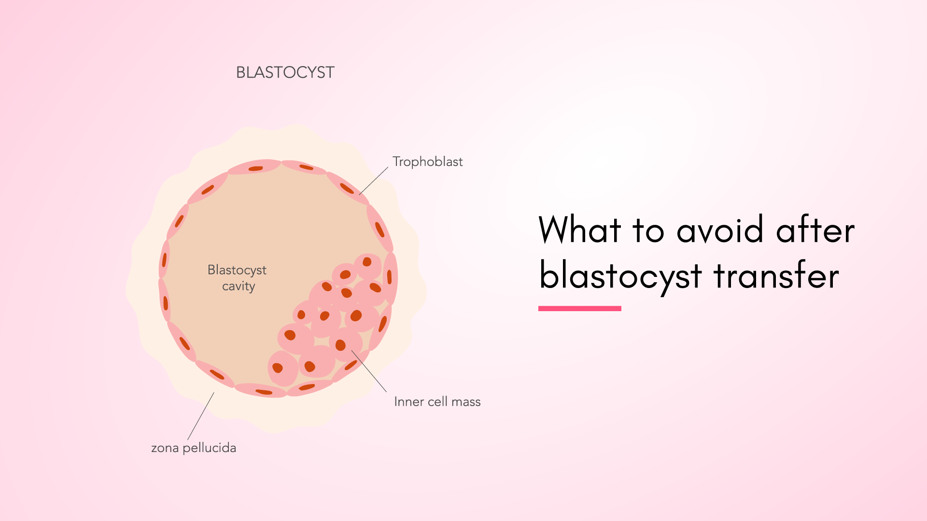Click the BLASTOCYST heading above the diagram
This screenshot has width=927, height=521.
click(x=285, y=72)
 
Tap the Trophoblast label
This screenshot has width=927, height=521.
click(x=428, y=162)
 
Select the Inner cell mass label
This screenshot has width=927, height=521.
click(x=437, y=401)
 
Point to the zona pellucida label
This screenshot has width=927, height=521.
click(x=194, y=448)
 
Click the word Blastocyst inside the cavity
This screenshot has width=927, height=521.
click(x=237, y=270)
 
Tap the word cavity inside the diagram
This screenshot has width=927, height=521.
click(x=239, y=286)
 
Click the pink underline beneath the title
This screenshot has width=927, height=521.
click(x=580, y=308)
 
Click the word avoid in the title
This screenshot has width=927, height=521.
click(x=720, y=229)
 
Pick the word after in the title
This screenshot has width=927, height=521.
click(x=815, y=229)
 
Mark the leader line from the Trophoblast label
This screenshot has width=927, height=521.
click(x=374, y=181)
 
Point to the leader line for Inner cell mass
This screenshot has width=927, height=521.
click(x=369, y=371)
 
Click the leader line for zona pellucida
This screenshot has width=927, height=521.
click(x=201, y=416)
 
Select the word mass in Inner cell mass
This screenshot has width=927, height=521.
click(x=466, y=402)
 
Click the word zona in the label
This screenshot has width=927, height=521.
click(x=165, y=449)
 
